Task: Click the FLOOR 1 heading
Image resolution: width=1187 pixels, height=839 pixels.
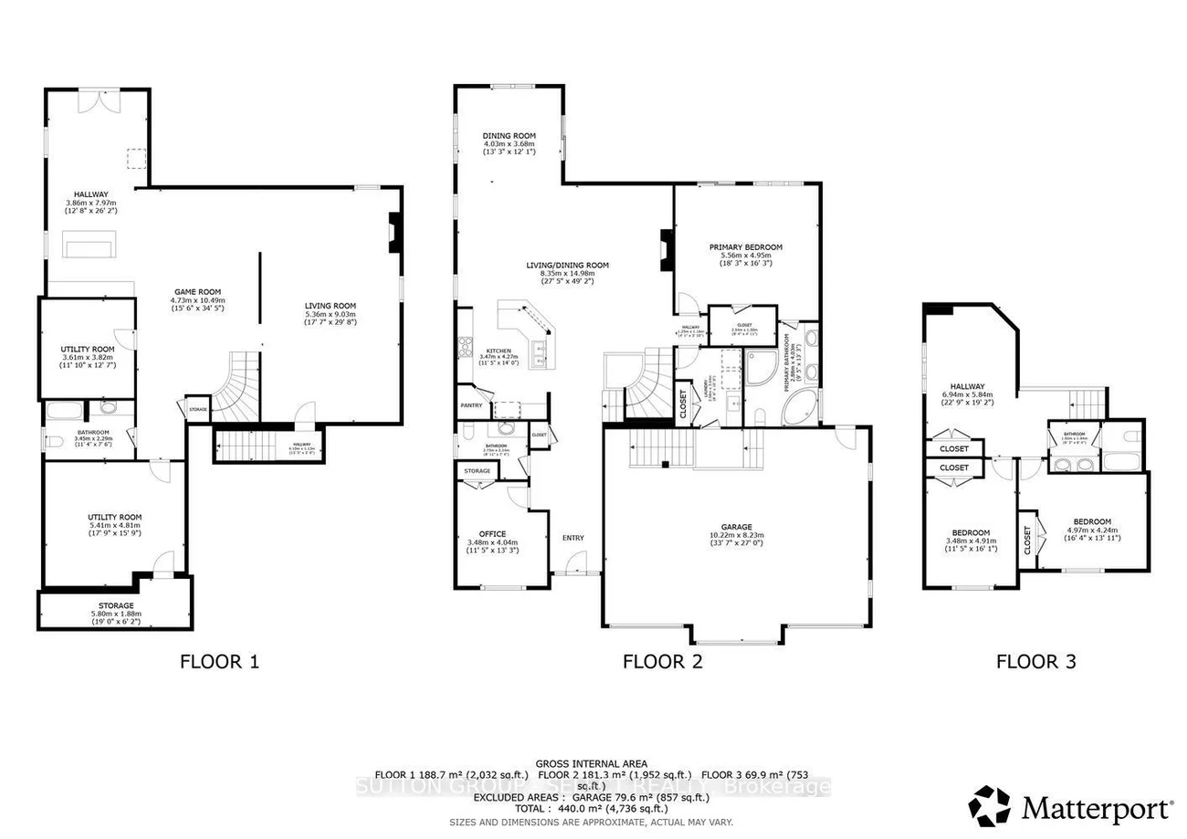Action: click(219, 662)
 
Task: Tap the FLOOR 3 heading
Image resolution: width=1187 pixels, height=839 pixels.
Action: click(1035, 662)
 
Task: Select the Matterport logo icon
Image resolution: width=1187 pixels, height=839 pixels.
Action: click(990, 805)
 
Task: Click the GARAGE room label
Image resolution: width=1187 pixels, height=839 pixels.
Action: click(736, 527)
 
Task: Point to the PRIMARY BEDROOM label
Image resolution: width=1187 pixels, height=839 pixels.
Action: click(745, 246)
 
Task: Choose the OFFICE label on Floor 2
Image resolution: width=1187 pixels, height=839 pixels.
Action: click(492, 534)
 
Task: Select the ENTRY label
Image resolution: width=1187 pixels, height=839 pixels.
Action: click(572, 538)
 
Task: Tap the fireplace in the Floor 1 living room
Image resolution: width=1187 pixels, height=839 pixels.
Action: click(393, 232)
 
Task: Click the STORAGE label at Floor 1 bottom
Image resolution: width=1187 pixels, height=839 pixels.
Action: click(116, 605)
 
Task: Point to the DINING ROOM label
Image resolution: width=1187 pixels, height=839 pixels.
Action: click(509, 136)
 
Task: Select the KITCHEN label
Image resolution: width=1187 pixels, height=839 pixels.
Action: click(498, 351)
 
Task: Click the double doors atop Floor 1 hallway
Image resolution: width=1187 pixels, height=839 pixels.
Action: click(98, 100)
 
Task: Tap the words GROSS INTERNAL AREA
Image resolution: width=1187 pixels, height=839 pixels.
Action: click(592, 763)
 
